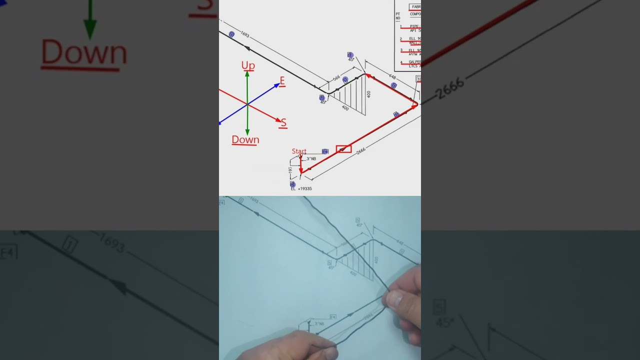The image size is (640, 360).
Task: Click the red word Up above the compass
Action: tap(248, 65)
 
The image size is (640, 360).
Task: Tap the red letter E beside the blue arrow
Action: tap(282, 81)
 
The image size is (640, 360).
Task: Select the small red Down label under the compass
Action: tap(245, 140)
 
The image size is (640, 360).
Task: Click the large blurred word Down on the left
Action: tap(84, 53)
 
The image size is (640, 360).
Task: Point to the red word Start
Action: tap(299, 151)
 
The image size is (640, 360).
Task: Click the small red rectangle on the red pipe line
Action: tap(343, 149)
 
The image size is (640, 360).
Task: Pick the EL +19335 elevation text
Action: tap(301, 188)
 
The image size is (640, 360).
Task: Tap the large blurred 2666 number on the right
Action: tap(449, 89)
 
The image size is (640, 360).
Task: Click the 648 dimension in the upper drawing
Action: tap(392, 77)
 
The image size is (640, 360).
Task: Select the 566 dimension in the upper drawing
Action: tap(336, 78)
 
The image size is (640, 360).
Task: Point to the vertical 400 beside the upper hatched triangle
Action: tap(369, 94)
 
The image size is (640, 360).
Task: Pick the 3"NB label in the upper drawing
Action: tap(311, 159)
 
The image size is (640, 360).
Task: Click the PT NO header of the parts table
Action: tap(398, 16)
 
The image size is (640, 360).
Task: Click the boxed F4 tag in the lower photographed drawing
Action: tap(333, 316)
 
